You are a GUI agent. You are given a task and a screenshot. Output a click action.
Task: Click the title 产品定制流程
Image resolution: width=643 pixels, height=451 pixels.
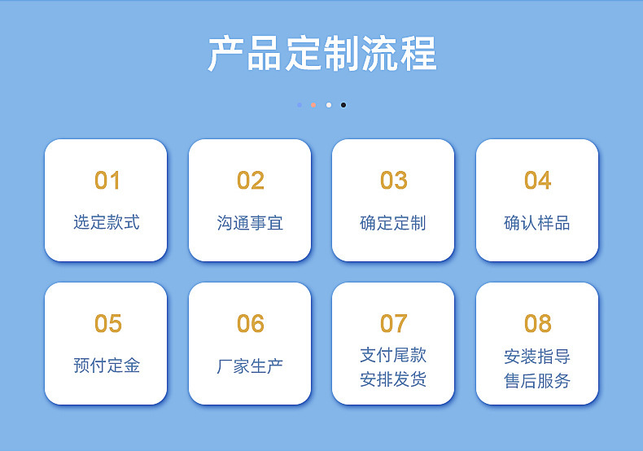(322, 54)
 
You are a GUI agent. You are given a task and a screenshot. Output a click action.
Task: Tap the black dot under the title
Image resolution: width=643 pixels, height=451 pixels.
(343, 105)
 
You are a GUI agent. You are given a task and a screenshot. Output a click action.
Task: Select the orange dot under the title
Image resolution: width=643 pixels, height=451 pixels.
(313, 105)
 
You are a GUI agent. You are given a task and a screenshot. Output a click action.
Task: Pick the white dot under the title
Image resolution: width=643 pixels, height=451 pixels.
(329, 105)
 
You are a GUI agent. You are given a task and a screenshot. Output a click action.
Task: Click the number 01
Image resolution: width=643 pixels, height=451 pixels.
(107, 181)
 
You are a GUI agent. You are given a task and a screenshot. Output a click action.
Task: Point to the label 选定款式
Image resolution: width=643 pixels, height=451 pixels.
(107, 222)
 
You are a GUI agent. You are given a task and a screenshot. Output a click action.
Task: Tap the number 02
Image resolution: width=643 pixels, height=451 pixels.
(251, 181)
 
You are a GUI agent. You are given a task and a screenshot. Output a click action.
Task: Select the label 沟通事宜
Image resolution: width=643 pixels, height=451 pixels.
(250, 223)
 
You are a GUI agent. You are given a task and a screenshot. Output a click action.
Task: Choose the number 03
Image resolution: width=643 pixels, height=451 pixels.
(394, 181)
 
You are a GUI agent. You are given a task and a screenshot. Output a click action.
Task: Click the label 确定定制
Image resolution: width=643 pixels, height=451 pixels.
(393, 223)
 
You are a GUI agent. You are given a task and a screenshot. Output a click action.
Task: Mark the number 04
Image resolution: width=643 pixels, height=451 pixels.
(538, 181)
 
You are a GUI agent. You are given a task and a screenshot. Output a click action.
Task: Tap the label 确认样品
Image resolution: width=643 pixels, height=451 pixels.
(537, 223)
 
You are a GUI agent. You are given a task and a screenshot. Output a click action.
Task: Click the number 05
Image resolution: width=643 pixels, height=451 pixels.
(108, 323)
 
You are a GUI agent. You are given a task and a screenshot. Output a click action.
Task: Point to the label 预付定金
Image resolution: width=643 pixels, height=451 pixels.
(107, 366)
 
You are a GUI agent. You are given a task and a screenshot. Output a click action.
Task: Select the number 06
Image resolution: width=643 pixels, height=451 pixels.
(251, 323)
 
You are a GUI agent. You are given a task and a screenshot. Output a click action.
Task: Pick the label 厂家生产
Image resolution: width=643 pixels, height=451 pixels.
(250, 366)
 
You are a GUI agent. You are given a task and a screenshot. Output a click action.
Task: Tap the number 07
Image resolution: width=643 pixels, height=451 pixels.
(394, 323)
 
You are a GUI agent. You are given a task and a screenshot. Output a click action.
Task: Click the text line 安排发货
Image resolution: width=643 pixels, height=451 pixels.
(393, 379)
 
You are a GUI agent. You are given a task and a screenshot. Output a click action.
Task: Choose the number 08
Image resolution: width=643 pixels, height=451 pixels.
(538, 323)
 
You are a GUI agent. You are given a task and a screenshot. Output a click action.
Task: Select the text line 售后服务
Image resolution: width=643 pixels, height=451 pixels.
(537, 381)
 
